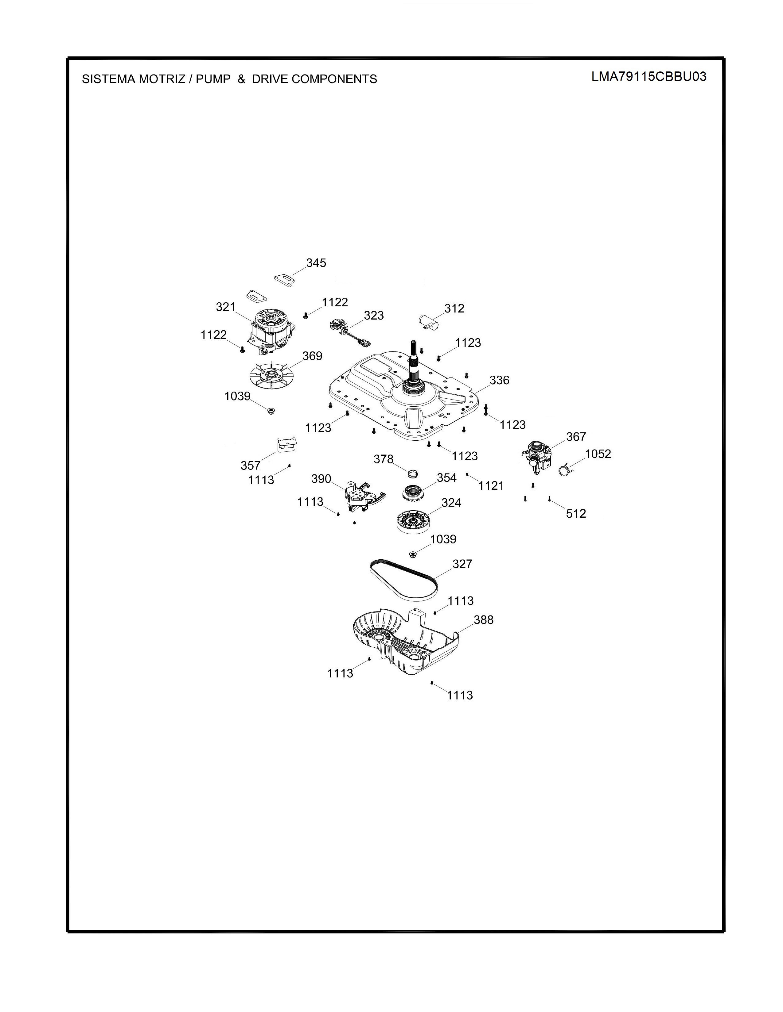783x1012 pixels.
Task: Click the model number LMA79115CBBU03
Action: pos(649,76)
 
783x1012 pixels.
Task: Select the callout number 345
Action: pos(316,263)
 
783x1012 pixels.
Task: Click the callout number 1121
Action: pos(491,486)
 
